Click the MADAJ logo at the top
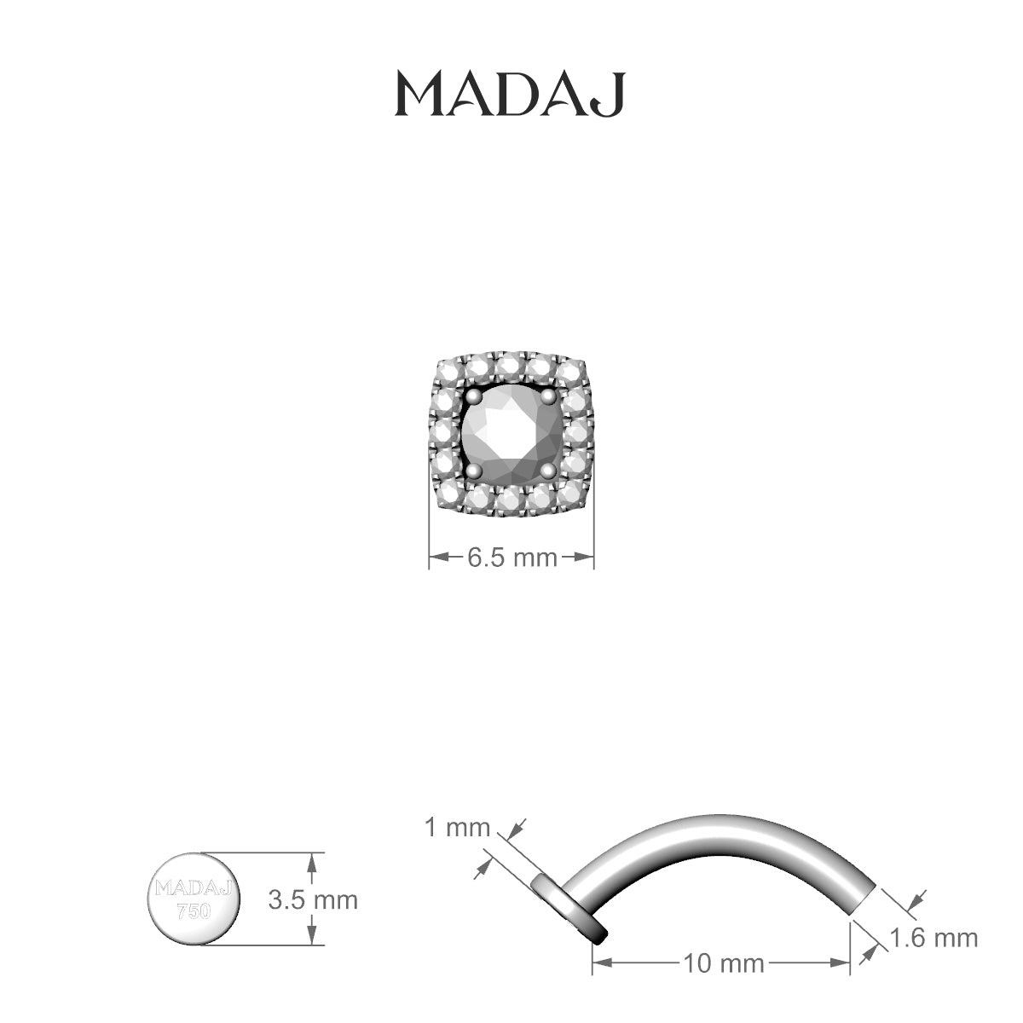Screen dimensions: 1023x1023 [510, 95]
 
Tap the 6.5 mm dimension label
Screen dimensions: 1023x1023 [512, 558]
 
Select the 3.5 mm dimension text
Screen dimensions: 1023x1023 [313, 900]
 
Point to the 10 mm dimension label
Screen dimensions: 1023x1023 [724, 963]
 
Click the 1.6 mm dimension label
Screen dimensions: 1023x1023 [933, 938]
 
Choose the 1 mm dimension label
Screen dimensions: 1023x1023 [458, 828]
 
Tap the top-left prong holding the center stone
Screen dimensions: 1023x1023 [474, 396]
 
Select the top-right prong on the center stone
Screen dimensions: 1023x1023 [549, 396]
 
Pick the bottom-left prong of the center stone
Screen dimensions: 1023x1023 [474, 471]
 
